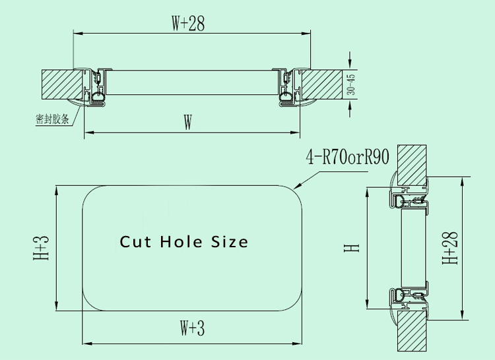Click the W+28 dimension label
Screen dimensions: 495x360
tap(188, 23)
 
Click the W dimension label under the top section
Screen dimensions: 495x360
tap(188, 123)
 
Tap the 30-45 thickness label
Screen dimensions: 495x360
tap(350, 84)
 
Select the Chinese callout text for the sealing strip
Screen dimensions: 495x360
tap(52, 119)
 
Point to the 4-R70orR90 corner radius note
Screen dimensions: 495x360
tap(348, 157)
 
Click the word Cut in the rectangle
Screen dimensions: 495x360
tap(135, 242)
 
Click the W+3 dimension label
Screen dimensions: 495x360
tap(192, 328)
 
